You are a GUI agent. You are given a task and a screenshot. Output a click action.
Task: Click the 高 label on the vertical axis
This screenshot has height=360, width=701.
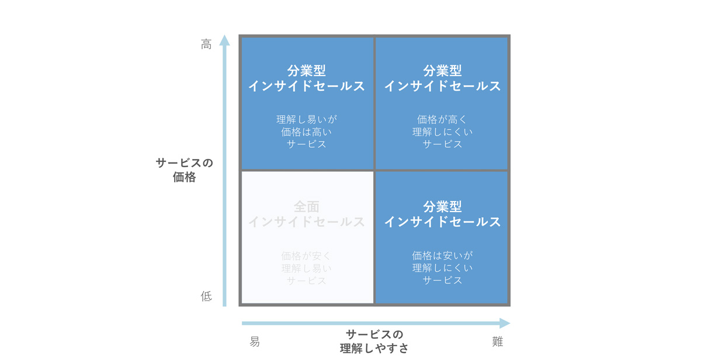click(206, 44)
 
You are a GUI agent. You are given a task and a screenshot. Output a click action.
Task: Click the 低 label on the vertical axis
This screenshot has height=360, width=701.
click(206, 296)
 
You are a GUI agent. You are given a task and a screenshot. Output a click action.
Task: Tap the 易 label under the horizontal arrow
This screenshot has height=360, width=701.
click(255, 341)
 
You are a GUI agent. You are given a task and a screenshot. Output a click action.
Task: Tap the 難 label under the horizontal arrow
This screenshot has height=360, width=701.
click(498, 341)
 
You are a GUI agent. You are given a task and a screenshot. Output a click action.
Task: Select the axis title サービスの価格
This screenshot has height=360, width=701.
click(185, 170)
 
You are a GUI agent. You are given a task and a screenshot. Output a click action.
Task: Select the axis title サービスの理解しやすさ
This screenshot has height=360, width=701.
click(374, 341)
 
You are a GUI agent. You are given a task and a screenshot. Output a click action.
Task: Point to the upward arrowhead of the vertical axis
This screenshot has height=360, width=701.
click(224, 40)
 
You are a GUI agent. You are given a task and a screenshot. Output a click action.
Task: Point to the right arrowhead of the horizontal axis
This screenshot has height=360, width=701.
click(505, 323)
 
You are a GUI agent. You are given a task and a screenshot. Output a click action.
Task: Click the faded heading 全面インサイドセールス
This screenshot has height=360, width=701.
click(307, 214)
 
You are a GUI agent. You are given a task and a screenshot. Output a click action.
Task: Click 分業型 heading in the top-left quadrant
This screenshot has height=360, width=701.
click(307, 71)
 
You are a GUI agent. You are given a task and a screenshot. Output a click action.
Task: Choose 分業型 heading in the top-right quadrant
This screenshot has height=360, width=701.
click(443, 71)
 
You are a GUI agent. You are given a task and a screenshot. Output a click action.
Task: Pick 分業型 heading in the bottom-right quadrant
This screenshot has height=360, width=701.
click(443, 207)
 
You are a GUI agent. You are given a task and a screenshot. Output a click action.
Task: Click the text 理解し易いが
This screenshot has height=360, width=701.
click(307, 119)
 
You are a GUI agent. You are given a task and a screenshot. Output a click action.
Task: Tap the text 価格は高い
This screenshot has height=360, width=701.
click(307, 132)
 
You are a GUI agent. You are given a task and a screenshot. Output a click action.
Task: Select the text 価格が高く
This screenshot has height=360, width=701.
click(443, 119)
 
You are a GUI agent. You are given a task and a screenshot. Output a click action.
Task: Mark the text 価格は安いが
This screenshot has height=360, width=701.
click(443, 255)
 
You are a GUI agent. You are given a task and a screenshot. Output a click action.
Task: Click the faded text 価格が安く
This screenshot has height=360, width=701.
click(307, 256)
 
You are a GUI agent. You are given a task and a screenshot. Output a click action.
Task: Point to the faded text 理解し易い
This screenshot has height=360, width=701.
click(307, 268)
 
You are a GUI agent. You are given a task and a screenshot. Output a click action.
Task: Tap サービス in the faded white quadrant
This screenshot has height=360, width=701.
click(307, 281)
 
